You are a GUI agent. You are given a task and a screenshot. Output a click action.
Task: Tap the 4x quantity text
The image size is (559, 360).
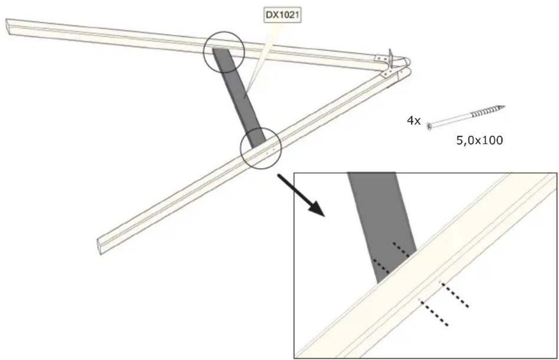tap(414, 121)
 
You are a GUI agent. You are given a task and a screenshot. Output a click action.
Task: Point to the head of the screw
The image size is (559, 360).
tap(430, 127)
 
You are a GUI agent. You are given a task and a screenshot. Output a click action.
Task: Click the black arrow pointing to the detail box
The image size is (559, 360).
tap(300, 195)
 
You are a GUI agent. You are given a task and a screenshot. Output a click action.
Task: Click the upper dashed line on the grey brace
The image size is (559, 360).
tap(401, 250)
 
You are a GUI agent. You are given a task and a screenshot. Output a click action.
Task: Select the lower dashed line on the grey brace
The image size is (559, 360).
tap(381, 266)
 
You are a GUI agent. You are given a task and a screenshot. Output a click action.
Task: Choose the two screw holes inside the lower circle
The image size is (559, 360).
tap(270, 151)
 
